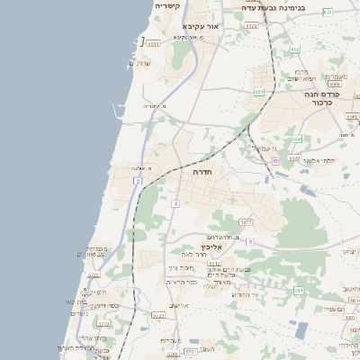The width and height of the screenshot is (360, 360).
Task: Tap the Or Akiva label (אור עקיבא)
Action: pyautogui.click(x=200, y=27)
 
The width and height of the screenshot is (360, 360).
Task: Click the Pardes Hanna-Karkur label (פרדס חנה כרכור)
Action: pyautogui.click(x=313, y=98)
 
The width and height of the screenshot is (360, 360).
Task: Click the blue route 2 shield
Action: pyautogui.click(x=137, y=182)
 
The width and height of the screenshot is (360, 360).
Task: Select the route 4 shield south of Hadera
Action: pyautogui.click(x=175, y=204)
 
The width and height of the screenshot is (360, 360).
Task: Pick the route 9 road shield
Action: pyautogui.click(x=250, y=241)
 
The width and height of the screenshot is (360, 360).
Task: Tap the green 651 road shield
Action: pyautogui.click(x=259, y=91)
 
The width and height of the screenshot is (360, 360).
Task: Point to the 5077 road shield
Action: pyautogui.click(x=245, y=220)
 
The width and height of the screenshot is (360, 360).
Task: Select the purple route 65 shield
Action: pyautogui.click(x=275, y=162)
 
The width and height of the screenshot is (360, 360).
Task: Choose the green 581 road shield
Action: pyautogui.click(x=299, y=290)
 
